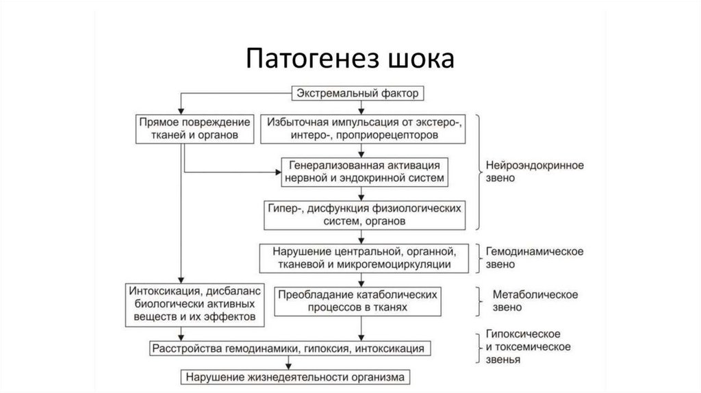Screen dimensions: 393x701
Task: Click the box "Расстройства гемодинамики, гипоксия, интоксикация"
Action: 292,348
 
